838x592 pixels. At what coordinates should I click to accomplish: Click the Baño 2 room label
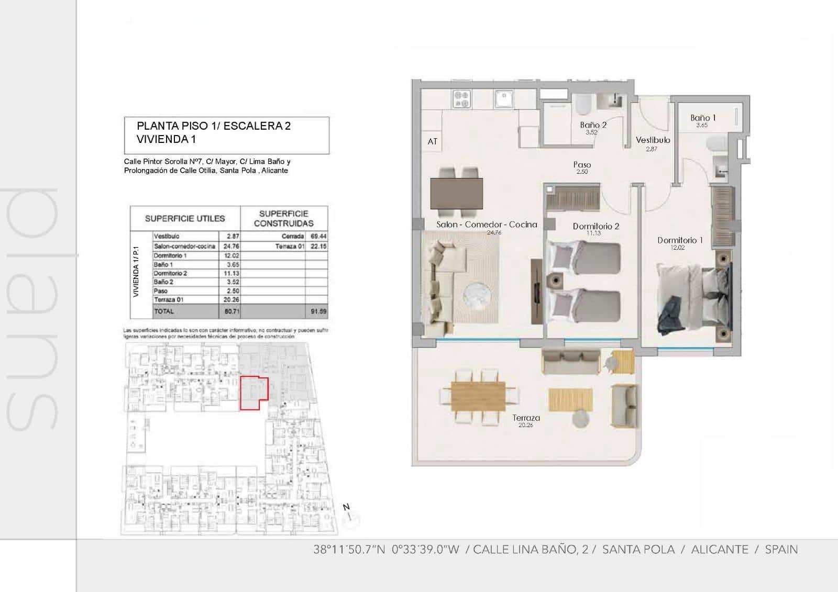(x=593, y=125)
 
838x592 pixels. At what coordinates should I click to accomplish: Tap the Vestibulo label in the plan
(x=653, y=140)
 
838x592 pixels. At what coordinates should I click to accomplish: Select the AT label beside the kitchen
(x=432, y=141)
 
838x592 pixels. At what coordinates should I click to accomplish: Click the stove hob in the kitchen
(x=461, y=99)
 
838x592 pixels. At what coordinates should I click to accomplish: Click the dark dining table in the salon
(x=456, y=193)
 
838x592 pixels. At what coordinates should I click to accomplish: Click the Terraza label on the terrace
(x=526, y=418)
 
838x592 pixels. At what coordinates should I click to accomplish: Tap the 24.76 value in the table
(x=233, y=246)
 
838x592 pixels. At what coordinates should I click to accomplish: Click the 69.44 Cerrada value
(x=318, y=237)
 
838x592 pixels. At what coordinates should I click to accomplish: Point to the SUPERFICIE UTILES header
(x=185, y=218)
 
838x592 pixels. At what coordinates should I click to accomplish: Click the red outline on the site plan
(x=254, y=394)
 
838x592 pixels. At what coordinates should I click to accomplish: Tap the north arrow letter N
(x=346, y=507)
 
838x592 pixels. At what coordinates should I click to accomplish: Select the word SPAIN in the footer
(x=781, y=550)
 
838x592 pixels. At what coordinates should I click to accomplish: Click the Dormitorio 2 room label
(x=596, y=226)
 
